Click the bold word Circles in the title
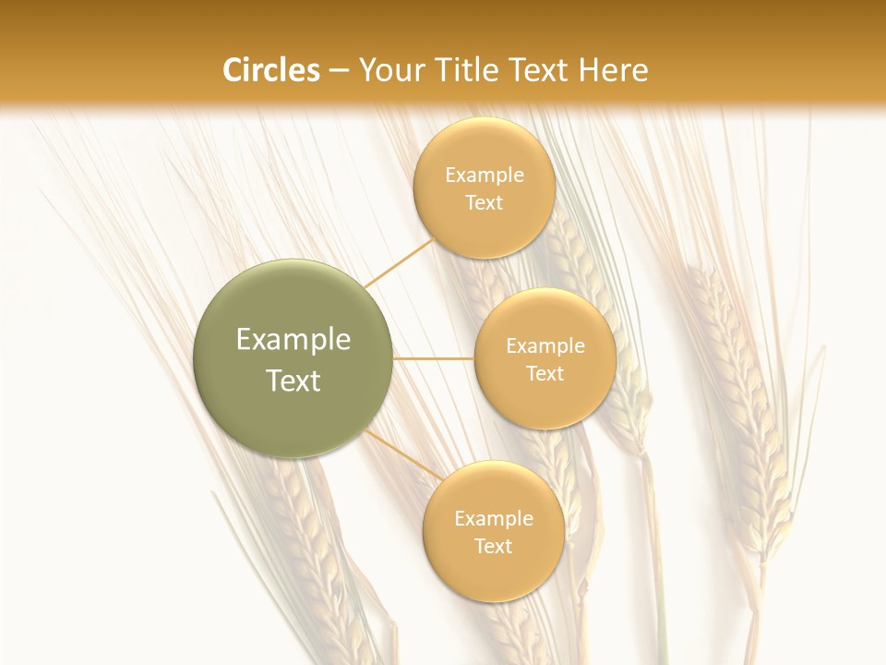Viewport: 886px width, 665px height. [270, 70]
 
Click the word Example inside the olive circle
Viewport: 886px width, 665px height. [293, 339]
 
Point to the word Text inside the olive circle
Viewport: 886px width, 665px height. [293, 381]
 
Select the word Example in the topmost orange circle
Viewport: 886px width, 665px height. [484, 175]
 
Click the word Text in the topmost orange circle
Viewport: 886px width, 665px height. [484, 202]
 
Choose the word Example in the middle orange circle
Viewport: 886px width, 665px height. [545, 345]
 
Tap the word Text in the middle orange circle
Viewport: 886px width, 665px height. [545, 373]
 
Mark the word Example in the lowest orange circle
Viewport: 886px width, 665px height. [493, 518]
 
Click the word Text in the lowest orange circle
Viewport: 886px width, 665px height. [493, 546]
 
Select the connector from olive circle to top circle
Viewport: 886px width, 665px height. [400, 263]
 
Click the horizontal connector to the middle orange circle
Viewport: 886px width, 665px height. [433, 358]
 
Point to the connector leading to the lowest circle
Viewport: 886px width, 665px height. [402, 453]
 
